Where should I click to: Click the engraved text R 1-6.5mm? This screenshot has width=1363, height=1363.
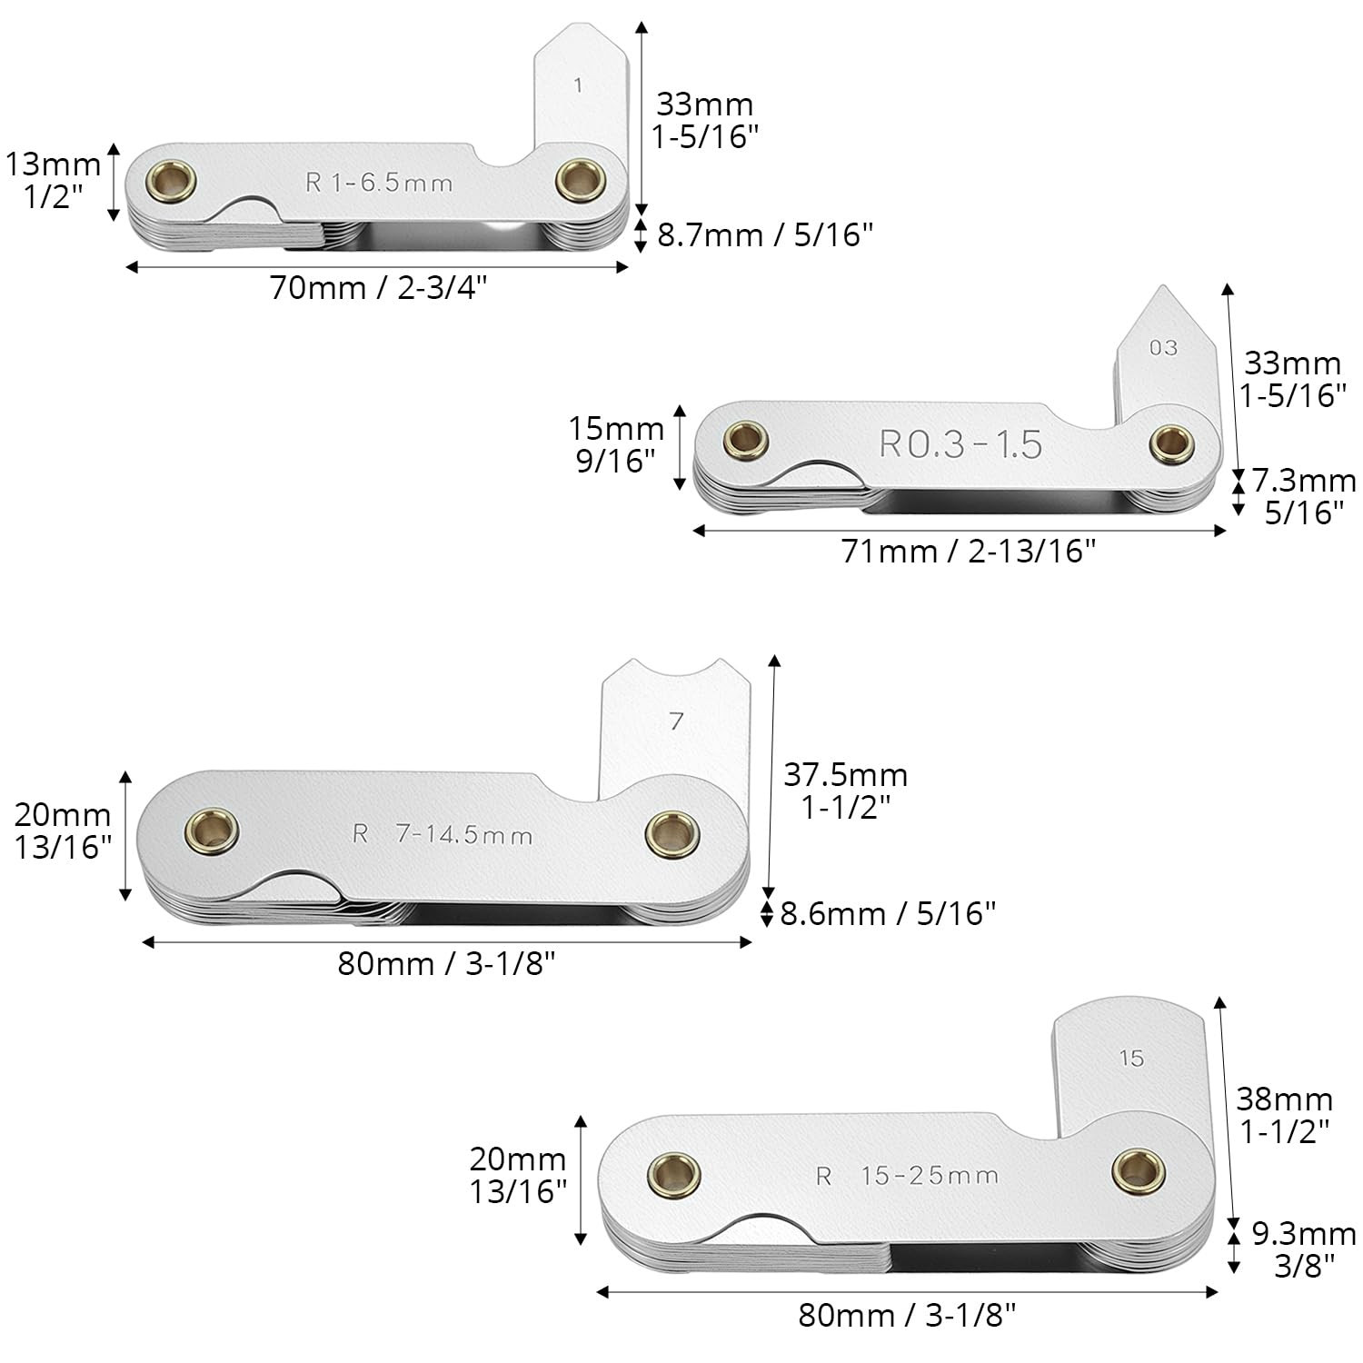tap(379, 183)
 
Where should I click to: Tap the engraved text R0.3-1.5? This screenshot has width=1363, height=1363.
tap(960, 443)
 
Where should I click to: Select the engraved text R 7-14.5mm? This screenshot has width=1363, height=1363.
tap(443, 834)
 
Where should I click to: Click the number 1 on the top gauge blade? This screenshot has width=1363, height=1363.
tap(579, 85)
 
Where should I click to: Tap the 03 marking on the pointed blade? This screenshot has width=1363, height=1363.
tap(1163, 347)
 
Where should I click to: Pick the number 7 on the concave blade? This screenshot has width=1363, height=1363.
tap(676, 721)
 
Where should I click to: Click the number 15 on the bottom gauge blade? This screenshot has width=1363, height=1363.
tap(1131, 1058)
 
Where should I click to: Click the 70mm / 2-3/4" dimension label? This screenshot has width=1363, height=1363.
tap(379, 288)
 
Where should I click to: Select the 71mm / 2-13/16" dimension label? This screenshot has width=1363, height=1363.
tap(969, 551)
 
